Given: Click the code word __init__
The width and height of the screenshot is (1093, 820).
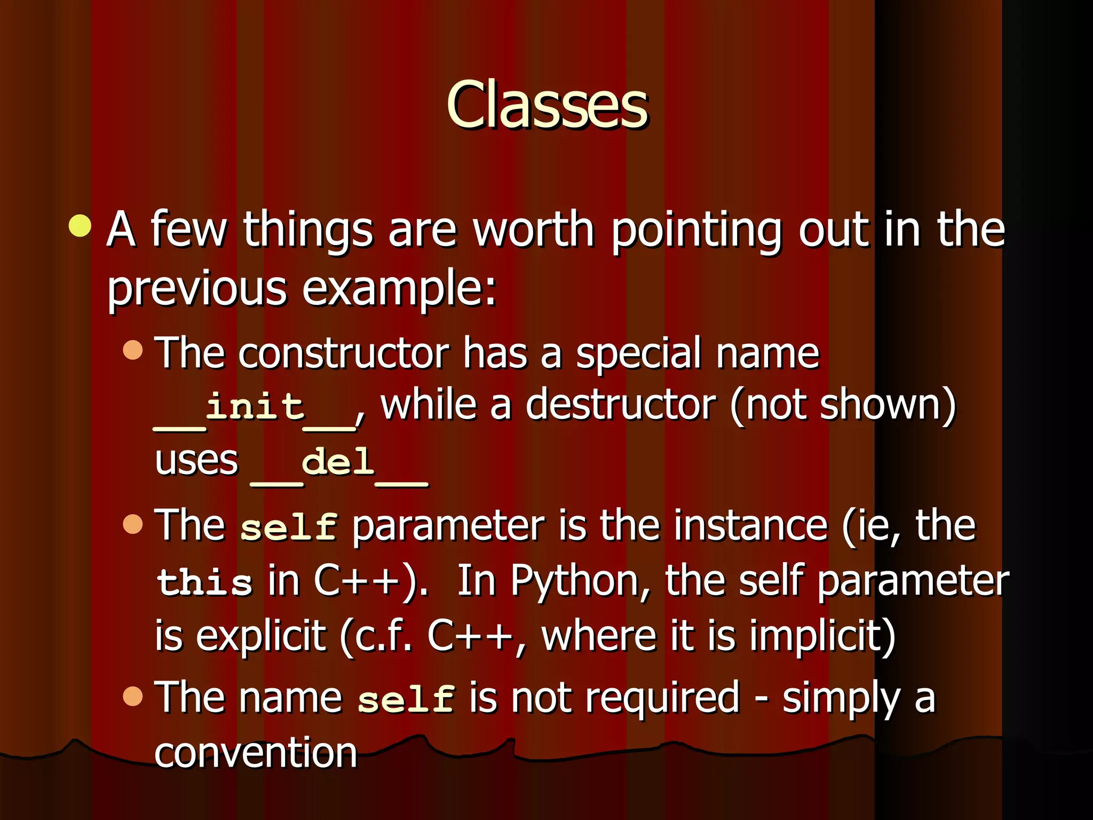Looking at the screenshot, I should click(255, 408).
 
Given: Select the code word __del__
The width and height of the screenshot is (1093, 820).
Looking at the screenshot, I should click(338, 463).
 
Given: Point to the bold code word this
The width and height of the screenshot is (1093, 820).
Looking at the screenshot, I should click(204, 582).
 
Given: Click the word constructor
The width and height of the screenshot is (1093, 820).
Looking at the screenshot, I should click(344, 353).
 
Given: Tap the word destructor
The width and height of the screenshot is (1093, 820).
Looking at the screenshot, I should click(620, 406).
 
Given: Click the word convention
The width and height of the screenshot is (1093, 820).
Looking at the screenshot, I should click(256, 753).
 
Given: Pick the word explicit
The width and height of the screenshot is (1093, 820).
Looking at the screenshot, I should click(260, 636).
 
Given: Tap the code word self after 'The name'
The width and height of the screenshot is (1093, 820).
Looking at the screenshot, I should click(406, 700).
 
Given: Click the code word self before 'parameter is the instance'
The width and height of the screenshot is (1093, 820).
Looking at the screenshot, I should click(288, 527).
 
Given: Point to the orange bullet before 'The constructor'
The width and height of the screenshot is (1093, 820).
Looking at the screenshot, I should click(133, 350).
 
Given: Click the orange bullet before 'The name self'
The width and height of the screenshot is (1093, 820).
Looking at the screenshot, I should click(133, 696).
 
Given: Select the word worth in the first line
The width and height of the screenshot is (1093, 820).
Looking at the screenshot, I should click(534, 230).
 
